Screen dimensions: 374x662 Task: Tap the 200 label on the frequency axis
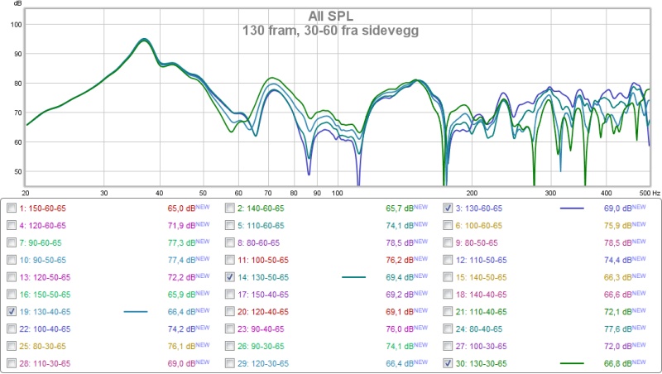(x=473, y=192)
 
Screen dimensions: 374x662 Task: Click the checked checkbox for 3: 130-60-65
(x=448, y=209)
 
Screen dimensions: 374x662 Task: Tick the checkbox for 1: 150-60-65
(x=11, y=209)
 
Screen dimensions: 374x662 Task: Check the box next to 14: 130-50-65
(x=229, y=277)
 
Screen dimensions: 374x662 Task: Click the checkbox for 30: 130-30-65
(x=448, y=363)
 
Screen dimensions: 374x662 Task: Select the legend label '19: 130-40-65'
(x=50, y=312)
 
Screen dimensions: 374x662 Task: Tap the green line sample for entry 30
(x=572, y=363)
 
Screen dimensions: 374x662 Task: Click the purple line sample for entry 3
(x=572, y=209)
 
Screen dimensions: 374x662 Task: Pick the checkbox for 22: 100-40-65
(x=11, y=329)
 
